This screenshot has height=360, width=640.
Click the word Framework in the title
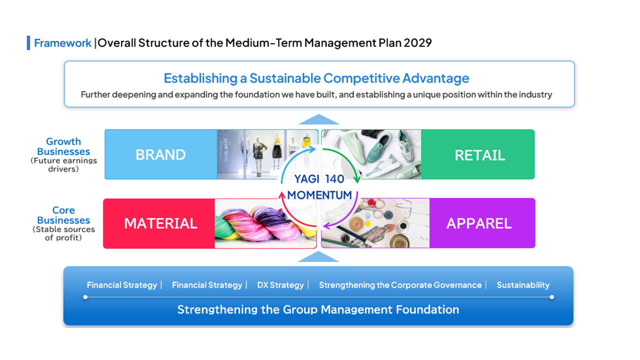[62, 43]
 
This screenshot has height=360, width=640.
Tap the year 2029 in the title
[417, 43]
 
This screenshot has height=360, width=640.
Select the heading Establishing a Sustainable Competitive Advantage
[316, 78]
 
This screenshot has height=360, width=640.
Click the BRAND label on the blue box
[160, 155]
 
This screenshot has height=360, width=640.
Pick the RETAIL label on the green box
[480, 155]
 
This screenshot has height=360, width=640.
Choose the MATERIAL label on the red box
[160, 223]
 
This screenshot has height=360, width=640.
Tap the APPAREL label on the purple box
[479, 223]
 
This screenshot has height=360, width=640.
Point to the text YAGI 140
[319, 179]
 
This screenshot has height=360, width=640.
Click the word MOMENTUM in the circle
[319, 195]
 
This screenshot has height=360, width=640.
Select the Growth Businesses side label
[63, 146]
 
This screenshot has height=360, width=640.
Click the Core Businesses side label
[63, 215]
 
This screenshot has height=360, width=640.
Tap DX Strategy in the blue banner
[280, 285]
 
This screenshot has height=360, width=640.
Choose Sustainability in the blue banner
[523, 285]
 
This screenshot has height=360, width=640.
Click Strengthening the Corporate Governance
[400, 285]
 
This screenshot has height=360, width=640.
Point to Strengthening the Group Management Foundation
[318, 309]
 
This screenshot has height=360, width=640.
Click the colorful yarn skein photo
[265, 223]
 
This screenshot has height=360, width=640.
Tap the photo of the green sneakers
[371, 154]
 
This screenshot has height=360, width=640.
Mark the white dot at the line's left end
[85, 297]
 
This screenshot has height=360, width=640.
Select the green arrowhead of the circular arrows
[357, 179]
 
